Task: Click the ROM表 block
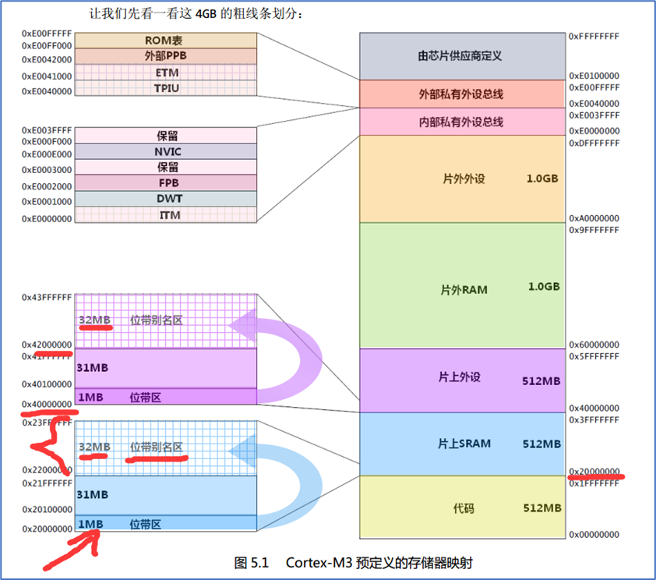(166, 40)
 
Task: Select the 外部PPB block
(166, 56)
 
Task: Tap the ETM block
(166, 72)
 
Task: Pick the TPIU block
(166, 88)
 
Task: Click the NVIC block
(166, 151)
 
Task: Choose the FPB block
(166, 182)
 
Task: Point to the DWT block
(166, 199)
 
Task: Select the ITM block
(166, 214)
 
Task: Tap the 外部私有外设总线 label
(460, 94)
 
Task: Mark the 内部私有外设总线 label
(460, 122)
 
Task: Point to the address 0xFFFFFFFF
(594, 36)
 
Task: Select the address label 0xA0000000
(594, 218)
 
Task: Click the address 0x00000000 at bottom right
(594, 534)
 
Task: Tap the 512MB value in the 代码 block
(541, 508)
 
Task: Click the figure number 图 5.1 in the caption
(251, 561)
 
